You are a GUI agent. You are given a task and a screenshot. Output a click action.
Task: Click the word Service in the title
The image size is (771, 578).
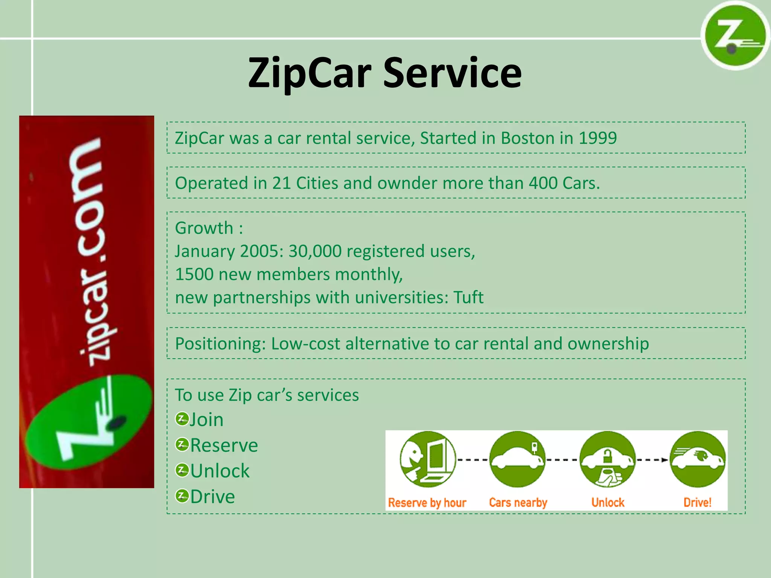coord(452,73)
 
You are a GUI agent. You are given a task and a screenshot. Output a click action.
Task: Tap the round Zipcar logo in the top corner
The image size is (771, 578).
coord(734,36)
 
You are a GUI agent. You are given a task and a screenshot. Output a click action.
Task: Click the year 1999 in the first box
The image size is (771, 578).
coord(597,138)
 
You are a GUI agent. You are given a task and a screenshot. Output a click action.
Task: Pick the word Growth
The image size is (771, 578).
coord(204,228)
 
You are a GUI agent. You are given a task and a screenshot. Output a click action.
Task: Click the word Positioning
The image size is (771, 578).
coord(220,344)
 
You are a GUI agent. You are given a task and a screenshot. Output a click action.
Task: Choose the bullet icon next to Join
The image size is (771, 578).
coord(182,419)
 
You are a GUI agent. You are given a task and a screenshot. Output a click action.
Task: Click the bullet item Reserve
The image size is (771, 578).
coord(224,446)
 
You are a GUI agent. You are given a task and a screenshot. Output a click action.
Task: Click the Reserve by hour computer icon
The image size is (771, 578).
coord(428,459)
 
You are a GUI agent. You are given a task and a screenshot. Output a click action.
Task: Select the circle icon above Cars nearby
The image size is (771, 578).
coord(517,459)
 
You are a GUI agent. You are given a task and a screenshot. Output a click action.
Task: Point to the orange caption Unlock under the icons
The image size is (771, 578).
coord(608,502)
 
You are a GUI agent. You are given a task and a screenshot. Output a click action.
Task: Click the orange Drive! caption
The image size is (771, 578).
coord(697,502)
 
